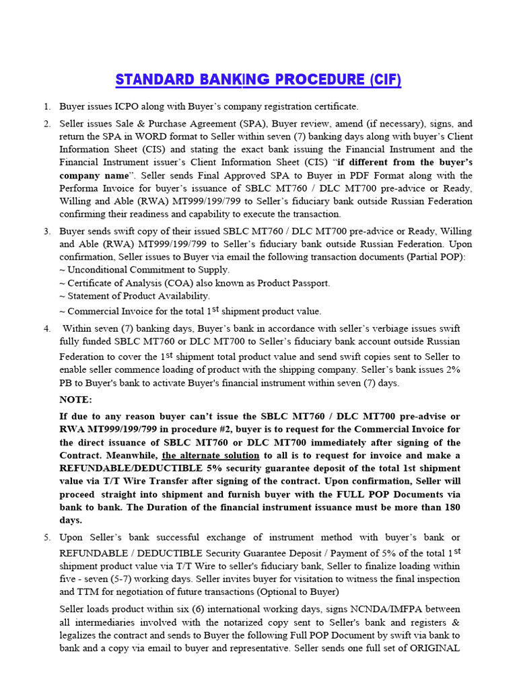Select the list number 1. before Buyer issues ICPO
click(47, 106)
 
